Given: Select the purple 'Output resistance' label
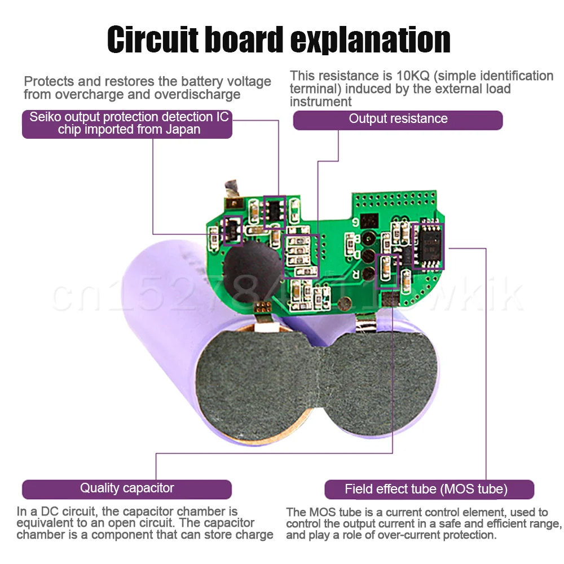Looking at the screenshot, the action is click(x=398, y=119).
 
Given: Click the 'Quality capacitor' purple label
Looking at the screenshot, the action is click(x=127, y=488).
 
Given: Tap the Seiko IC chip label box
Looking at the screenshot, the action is click(x=127, y=124).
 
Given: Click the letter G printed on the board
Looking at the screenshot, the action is click(x=356, y=222).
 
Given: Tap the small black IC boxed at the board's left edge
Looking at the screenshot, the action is click(x=232, y=229).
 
